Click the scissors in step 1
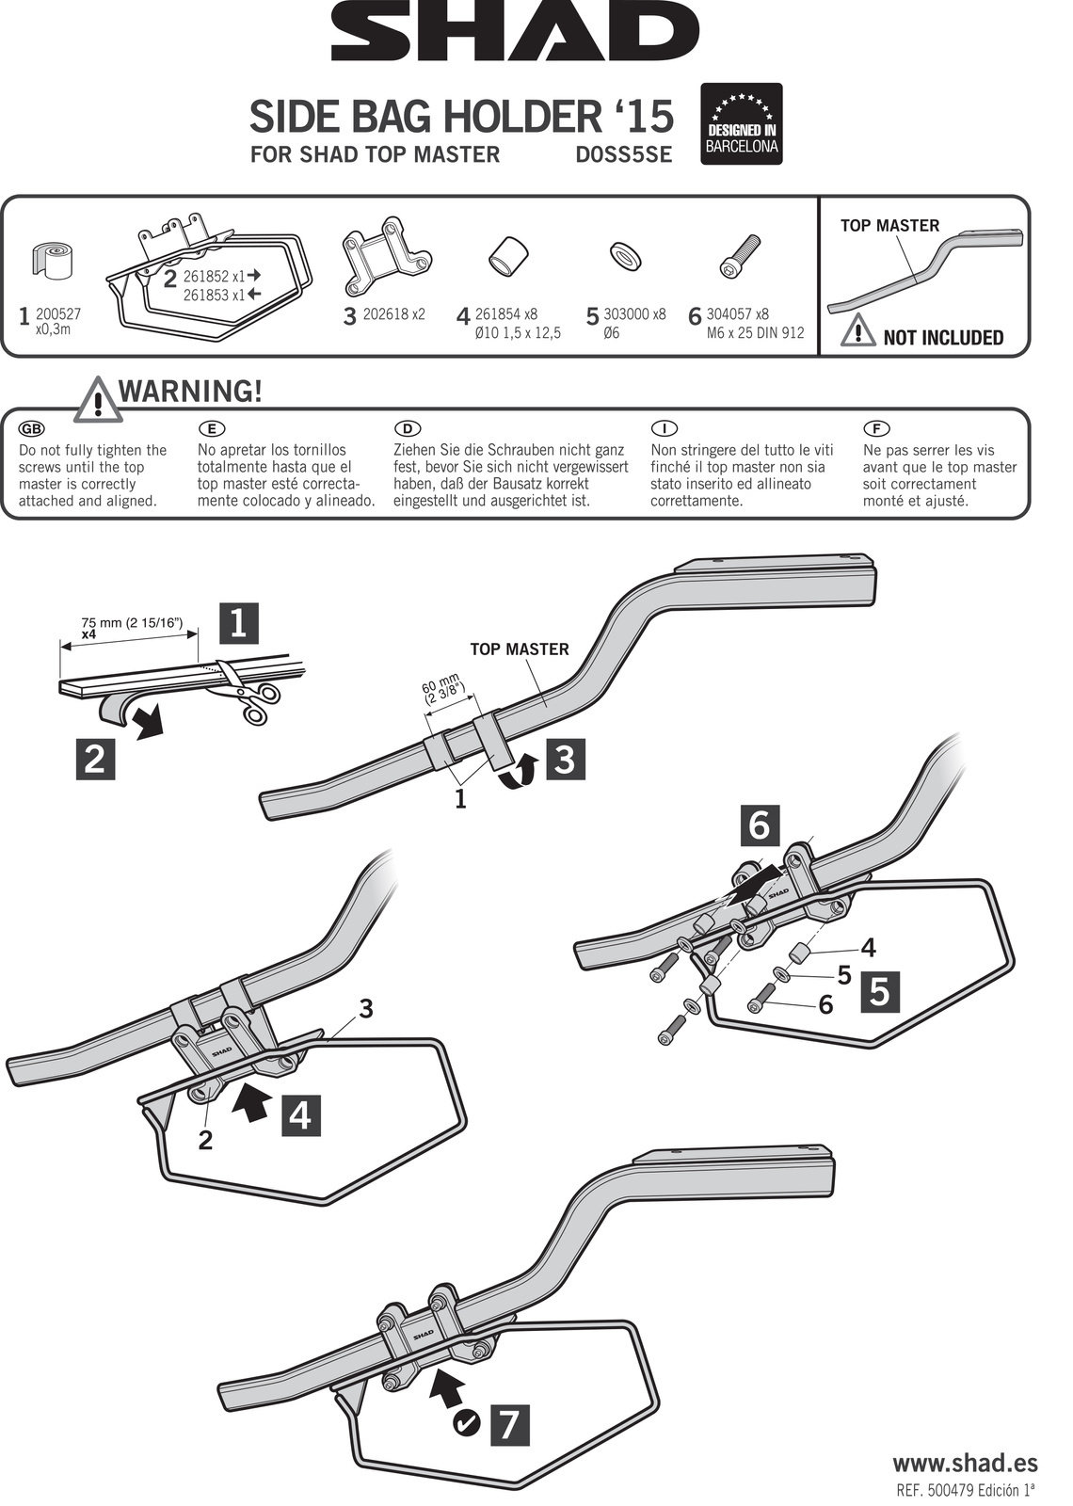tap(248, 694)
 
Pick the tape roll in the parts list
tap(53, 262)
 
